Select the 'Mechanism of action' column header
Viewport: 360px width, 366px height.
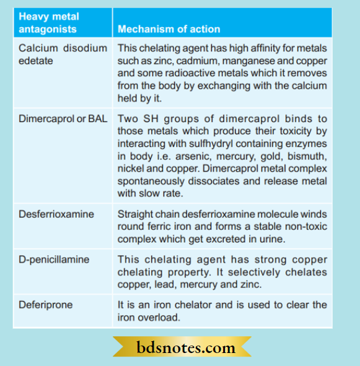click(x=169, y=29)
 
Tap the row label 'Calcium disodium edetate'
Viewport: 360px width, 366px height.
click(x=62, y=54)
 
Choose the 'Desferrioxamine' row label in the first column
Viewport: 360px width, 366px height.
click(x=56, y=214)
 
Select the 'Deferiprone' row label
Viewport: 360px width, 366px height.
click(x=45, y=304)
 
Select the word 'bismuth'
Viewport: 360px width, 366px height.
click(x=305, y=156)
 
